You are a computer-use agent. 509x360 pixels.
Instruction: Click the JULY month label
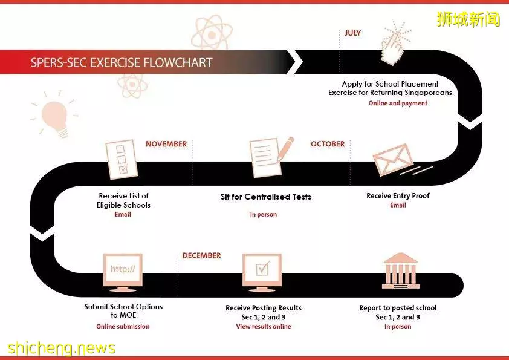tap(352, 33)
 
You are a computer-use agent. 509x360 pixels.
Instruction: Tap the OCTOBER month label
tap(328, 144)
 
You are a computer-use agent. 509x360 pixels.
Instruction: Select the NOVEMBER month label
tap(166, 144)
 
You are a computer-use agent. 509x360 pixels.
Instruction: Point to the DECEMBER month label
tap(201, 255)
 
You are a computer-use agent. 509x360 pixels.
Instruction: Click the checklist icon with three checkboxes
tap(121, 159)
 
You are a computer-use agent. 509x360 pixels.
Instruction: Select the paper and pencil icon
tap(270, 157)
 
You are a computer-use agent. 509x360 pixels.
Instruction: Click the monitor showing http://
tap(123, 272)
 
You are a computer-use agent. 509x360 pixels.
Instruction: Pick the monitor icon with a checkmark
tap(262, 272)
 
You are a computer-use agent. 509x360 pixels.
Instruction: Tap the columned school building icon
tap(401, 271)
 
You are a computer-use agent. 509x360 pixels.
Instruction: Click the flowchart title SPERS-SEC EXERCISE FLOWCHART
tap(122, 62)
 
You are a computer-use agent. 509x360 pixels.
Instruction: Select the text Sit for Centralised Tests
tap(266, 197)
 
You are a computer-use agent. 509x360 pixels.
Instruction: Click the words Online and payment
tap(398, 103)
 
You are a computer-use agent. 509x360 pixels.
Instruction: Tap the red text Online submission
tap(123, 326)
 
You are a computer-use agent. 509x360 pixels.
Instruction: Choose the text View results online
tap(263, 326)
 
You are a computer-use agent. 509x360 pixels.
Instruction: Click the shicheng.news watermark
tap(61, 348)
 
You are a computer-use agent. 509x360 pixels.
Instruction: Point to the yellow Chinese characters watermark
tap(468, 19)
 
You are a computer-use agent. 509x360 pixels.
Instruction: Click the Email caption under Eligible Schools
tap(123, 214)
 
